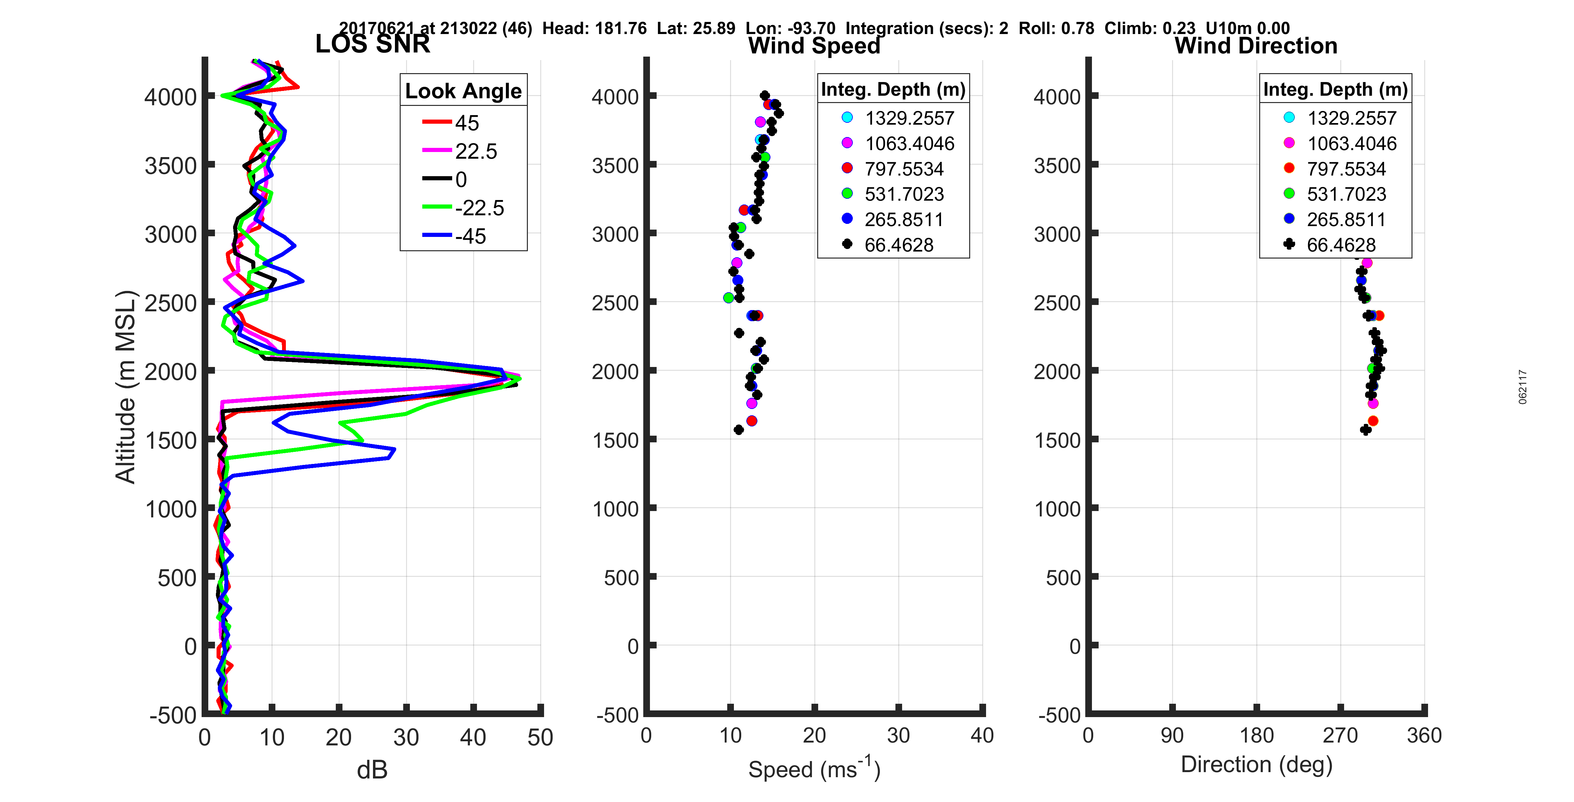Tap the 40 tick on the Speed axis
click(982, 735)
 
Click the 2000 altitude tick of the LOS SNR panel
click(171, 371)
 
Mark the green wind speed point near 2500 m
click(728, 298)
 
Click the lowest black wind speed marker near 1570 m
click(739, 430)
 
